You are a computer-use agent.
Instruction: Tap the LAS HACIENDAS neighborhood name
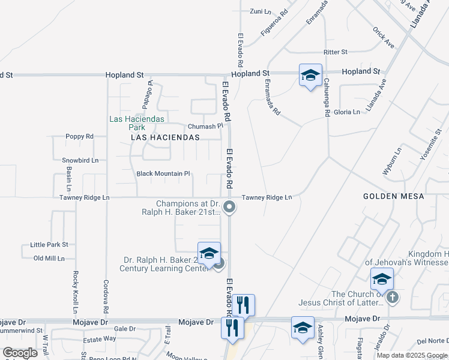pos(165,137)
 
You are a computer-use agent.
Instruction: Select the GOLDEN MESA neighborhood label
pos(394,196)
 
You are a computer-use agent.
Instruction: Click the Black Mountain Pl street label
pos(163,173)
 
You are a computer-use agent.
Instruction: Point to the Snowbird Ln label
pos(80,160)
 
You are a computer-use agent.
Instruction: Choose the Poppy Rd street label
pos(80,136)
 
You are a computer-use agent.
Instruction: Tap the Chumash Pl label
pos(205,127)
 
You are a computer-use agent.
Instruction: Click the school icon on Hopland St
pos(310,76)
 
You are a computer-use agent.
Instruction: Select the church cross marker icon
pos(392,297)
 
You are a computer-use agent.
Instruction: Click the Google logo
pos(20,353)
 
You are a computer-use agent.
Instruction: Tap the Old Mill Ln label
pos(49,258)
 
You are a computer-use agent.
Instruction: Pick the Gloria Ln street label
pos(347,112)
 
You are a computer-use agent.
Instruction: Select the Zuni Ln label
pos(260,11)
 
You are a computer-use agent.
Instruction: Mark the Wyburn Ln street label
pos(391,161)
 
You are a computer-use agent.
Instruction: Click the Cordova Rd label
pos(106,298)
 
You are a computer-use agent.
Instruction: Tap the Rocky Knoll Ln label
pos(76,292)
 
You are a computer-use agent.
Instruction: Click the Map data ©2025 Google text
pos(412,355)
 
